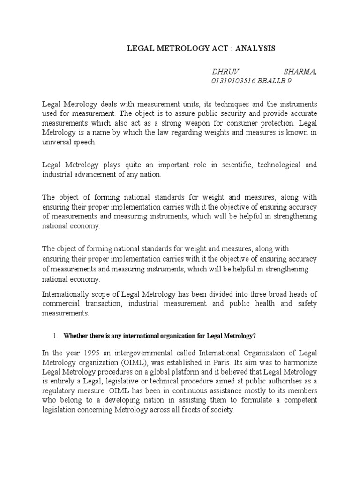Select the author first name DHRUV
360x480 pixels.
pyautogui.click(x=225, y=71)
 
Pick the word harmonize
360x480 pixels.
pyautogui.click(x=300, y=362)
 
